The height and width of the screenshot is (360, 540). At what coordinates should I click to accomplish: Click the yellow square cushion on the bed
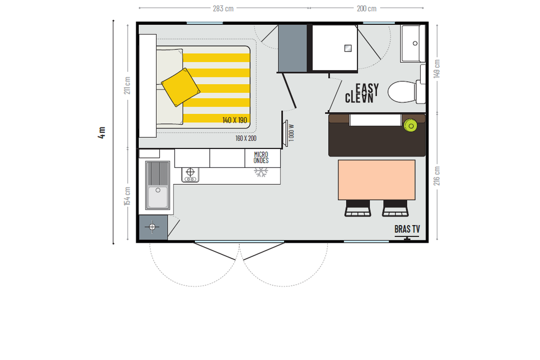[x=180, y=87]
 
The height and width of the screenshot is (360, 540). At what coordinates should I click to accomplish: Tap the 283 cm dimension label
[x=223, y=9]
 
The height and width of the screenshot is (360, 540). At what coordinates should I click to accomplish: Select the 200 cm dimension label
[x=366, y=9]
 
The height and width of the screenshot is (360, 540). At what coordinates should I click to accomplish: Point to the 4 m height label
[x=102, y=133]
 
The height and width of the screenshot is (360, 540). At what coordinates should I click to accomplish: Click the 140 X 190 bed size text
[x=234, y=120]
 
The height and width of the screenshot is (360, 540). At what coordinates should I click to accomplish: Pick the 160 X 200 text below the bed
[x=246, y=139]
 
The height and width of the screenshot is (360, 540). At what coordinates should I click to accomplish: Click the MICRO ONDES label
[x=261, y=157]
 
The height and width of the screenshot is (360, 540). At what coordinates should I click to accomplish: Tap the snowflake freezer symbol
[x=261, y=172]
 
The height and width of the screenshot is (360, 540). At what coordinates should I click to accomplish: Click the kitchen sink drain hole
[x=158, y=190]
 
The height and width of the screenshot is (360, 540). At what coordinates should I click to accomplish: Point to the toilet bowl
[x=402, y=92]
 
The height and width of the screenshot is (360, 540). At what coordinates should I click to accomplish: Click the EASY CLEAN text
[x=362, y=93]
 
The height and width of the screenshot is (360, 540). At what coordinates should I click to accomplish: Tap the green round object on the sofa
[x=410, y=126]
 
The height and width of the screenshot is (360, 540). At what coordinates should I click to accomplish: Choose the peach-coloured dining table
[x=377, y=180]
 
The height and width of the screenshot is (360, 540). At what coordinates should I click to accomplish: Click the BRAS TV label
[x=407, y=229]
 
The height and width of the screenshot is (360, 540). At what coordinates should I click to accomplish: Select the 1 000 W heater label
[x=292, y=133]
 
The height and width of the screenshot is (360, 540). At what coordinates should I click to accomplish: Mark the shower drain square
[x=348, y=49]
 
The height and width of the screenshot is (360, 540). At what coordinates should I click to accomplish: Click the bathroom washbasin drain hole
[x=415, y=43]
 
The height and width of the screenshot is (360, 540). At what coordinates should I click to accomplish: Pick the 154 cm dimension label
[x=127, y=196]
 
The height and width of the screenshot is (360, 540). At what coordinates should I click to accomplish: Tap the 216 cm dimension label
[x=436, y=176]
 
